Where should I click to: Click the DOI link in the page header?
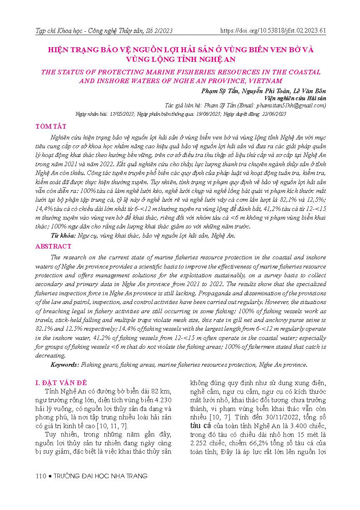tap(272, 30)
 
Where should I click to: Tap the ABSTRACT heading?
tap(53, 246)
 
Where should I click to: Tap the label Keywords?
tap(65, 365)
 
